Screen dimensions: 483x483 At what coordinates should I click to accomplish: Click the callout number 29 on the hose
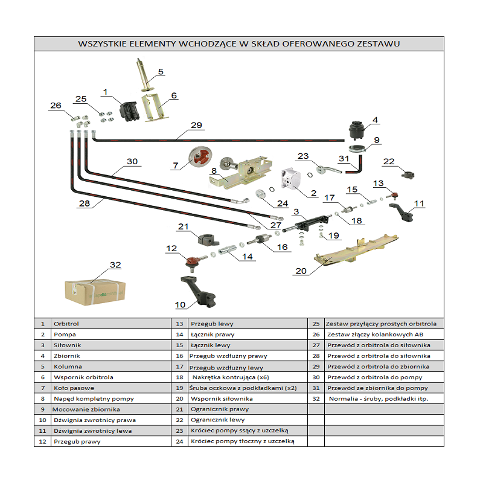pyautogui.click(x=196, y=126)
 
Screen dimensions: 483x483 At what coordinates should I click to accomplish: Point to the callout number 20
pyautogui.click(x=301, y=271)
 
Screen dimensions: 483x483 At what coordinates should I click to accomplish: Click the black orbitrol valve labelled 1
pyautogui.click(x=130, y=110)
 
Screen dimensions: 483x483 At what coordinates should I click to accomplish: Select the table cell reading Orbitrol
pyautogui.click(x=66, y=324)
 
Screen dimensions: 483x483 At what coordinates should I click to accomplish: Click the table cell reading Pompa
pyautogui.click(x=65, y=334)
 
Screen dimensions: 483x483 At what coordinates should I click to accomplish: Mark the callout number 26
pyautogui.click(x=56, y=106)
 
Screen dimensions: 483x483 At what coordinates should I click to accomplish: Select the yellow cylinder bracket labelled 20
pyautogui.click(x=356, y=251)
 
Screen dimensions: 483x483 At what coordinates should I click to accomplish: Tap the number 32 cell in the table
pyautogui.click(x=316, y=398)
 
